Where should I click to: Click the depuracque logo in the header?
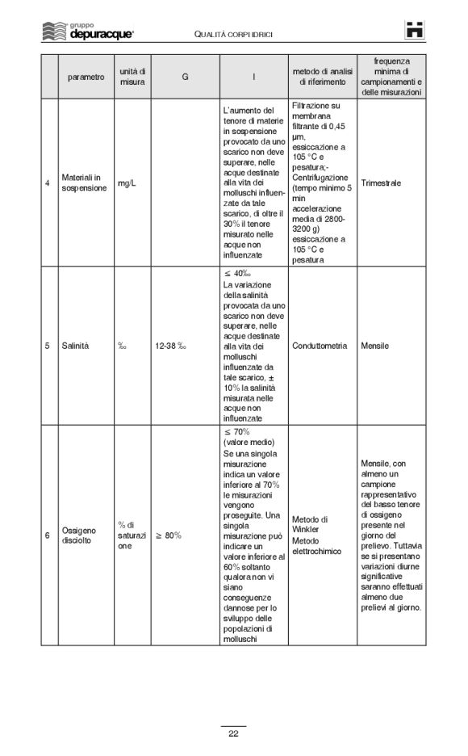pos(88,31)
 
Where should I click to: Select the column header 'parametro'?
pos(86,77)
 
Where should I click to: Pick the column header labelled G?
pos(185,77)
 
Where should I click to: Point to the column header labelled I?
pos(253,77)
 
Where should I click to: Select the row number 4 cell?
pos(48,183)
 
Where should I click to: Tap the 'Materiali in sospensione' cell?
pos(83,183)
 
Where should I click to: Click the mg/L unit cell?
pos(127,183)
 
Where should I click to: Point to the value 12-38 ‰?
pos(170,346)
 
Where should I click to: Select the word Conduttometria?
pos(320,346)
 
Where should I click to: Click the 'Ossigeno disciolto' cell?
pos(81,535)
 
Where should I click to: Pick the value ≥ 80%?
pos(168,535)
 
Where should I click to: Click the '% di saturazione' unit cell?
pos(132,535)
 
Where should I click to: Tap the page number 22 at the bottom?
pos(233,733)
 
